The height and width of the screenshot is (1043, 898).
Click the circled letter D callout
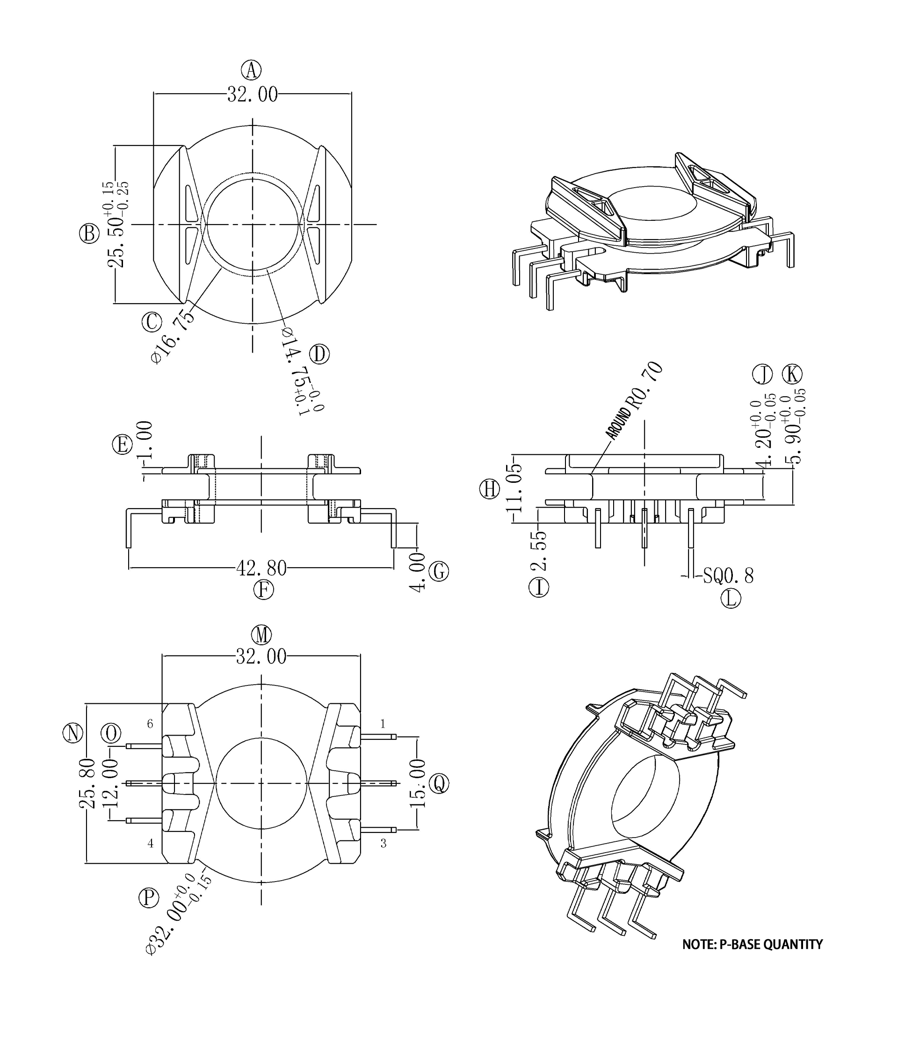[x=319, y=354]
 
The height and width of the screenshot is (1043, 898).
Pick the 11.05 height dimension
[x=516, y=488]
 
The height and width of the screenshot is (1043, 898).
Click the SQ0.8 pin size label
[x=728, y=576]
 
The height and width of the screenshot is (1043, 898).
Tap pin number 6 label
[x=150, y=724]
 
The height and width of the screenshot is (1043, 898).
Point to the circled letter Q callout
[x=439, y=784]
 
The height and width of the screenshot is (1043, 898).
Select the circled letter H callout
[x=490, y=489]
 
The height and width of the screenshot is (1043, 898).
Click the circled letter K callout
[x=792, y=374]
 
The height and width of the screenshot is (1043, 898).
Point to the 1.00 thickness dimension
[x=145, y=439]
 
